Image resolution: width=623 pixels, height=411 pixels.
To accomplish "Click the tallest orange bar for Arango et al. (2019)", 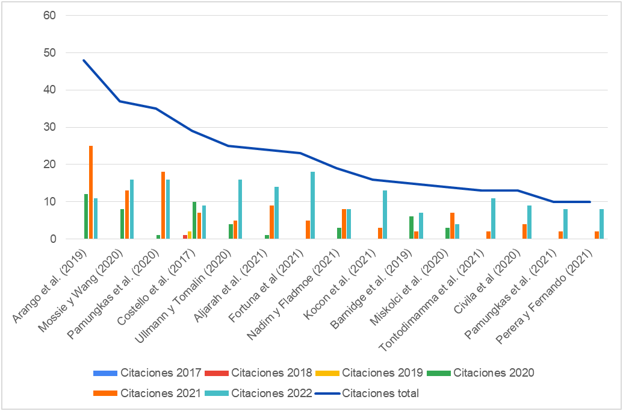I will (91, 193).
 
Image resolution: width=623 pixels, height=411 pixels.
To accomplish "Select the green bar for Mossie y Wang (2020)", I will (122, 224).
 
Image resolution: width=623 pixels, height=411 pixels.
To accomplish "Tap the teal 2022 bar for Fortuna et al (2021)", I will (312, 205).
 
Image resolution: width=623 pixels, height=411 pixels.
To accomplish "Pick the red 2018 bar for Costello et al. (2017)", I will (185, 237).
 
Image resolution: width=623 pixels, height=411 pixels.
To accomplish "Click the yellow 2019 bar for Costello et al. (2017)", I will (190, 236).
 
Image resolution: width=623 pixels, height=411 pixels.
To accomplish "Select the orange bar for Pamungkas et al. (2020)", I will (163, 205).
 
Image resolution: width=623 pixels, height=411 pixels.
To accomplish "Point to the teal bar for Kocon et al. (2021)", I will (385, 215).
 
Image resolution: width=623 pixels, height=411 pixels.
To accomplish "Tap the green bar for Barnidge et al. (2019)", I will (411, 228).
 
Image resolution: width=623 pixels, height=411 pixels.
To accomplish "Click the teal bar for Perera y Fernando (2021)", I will (601, 224).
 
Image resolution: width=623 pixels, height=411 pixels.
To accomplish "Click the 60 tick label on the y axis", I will (50, 16).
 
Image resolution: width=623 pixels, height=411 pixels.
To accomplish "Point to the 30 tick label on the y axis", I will (50, 127).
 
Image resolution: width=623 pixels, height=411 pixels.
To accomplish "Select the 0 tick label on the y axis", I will (53, 239).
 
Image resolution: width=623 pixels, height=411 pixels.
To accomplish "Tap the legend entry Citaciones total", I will (380, 394).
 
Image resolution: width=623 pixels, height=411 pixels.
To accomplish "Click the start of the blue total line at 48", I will (84, 60).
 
